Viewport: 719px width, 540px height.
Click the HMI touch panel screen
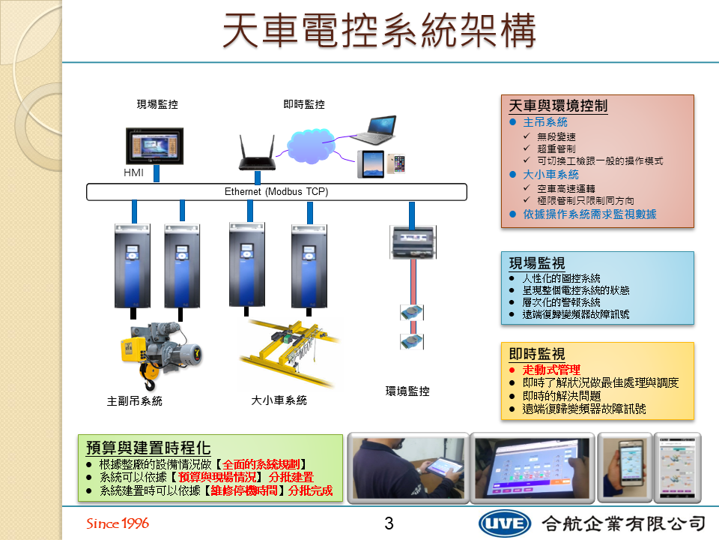click(154, 146)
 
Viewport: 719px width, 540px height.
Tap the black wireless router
click(257, 153)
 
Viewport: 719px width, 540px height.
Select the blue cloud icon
click(311, 145)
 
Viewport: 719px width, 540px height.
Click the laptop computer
click(375, 130)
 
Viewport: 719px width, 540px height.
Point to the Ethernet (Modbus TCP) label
click(276, 191)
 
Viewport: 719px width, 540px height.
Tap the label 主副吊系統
click(134, 400)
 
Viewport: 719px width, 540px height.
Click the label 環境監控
click(407, 391)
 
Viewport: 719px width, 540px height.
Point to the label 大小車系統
click(279, 400)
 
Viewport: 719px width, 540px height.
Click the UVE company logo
click(504, 523)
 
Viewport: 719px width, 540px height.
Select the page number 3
click(389, 523)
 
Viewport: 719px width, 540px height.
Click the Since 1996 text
click(118, 523)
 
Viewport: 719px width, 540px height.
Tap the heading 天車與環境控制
click(558, 106)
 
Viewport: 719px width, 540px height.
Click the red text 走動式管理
click(551, 370)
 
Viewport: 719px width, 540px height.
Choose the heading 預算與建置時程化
click(148, 447)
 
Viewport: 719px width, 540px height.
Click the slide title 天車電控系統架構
click(379, 31)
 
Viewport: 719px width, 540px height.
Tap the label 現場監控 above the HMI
click(157, 104)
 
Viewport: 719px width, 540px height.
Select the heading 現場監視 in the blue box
click(537, 263)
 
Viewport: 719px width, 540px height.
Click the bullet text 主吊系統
click(545, 122)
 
